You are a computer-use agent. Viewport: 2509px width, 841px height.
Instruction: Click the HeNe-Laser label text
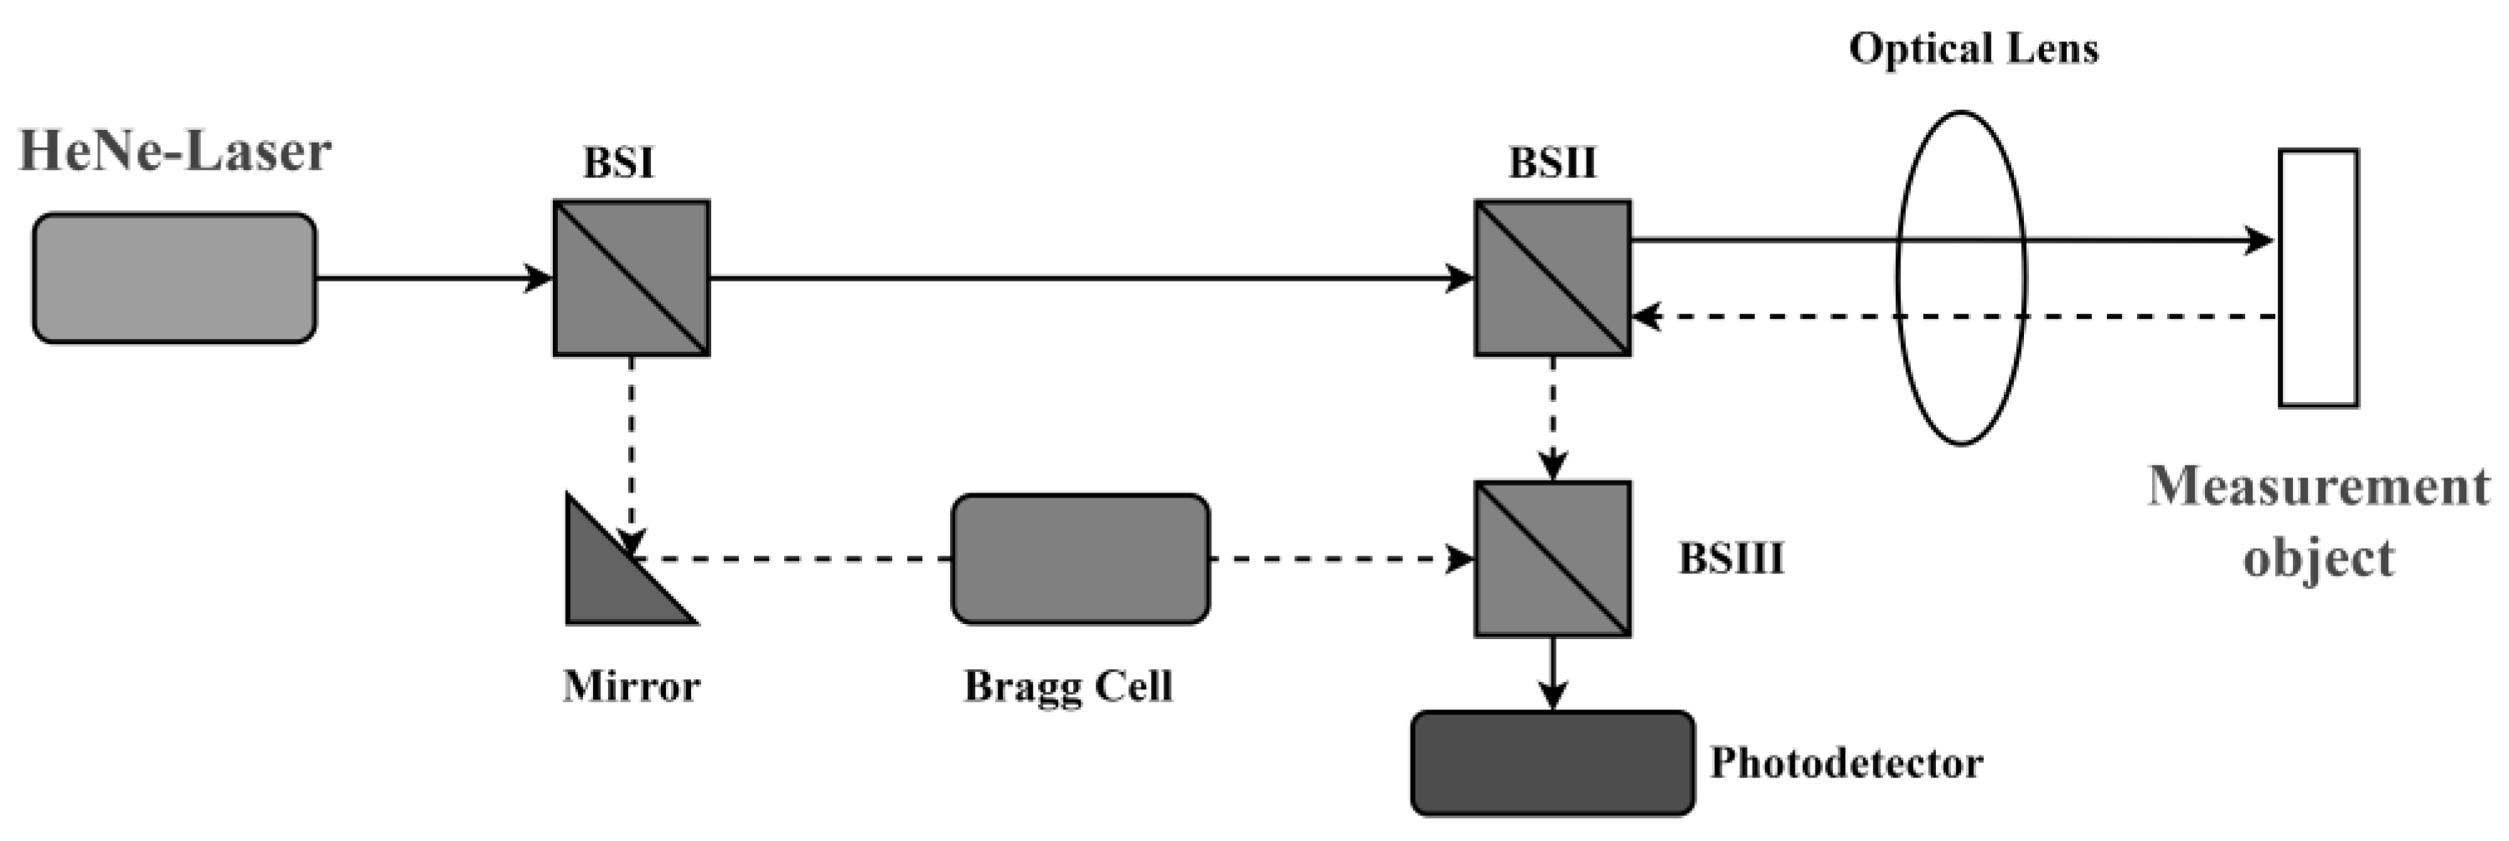(x=175, y=152)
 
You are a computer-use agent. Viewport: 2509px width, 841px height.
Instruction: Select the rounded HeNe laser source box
(x=174, y=278)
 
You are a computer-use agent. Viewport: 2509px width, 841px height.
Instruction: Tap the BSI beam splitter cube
(x=631, y=278)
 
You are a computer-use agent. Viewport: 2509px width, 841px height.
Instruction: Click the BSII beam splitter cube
(x=1551, y=278)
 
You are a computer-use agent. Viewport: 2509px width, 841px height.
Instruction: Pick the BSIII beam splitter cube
(x=1551, y=559)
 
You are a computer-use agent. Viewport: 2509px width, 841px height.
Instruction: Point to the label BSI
(x=618, y=163)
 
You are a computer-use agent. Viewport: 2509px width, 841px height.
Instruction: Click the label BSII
(x=1552, y=163)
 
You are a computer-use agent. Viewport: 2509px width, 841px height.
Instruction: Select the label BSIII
(x=1731, y=559)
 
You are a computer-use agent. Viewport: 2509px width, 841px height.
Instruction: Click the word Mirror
(x=631, y=687)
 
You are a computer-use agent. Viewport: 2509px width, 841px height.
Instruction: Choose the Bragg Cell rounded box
(x=1080, y=559)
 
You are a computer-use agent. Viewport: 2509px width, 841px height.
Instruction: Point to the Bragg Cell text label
(x=1067, y=687)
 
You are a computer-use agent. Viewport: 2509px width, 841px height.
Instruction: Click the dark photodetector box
(x=1552, y=763)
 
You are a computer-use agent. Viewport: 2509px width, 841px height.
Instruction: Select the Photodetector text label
(x=1846, y=763)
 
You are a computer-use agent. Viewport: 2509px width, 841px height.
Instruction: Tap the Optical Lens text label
(x=1974, y=49)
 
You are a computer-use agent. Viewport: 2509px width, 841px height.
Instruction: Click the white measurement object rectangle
(x=2318, y=277)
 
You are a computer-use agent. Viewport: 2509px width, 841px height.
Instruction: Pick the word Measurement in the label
(x=2318, y=487)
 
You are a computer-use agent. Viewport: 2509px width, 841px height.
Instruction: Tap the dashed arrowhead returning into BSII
(x=1646, y=317)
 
